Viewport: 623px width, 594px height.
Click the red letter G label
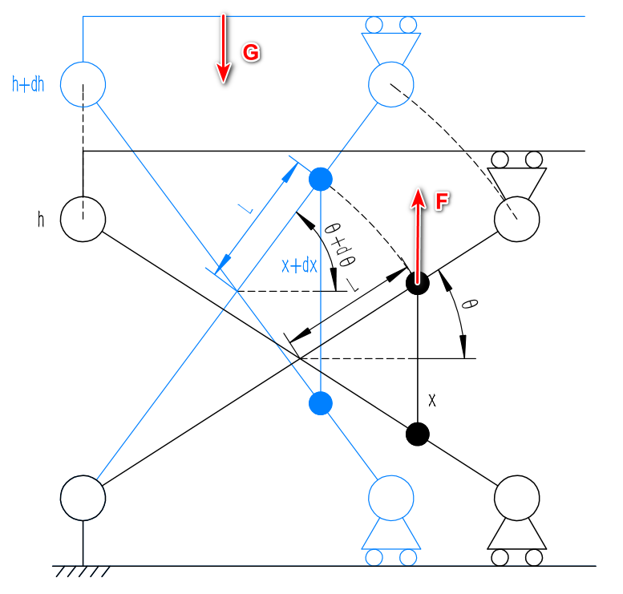point(251,53)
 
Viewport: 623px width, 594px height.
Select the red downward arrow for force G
point(224,48)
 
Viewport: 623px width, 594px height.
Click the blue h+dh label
point(28,84)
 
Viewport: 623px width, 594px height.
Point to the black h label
point(41,219)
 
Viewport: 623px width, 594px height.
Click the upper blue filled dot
point(320,179)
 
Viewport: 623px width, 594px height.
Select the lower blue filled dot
point(320,402)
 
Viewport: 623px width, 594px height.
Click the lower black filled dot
point(417,434)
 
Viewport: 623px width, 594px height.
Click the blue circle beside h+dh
point(83,83)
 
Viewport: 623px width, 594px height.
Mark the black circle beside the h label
point(83,218)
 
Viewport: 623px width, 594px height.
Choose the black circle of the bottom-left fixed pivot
point(83,497)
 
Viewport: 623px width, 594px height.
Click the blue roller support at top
point(390,40)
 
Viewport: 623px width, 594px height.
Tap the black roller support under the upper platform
point(517,172)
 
